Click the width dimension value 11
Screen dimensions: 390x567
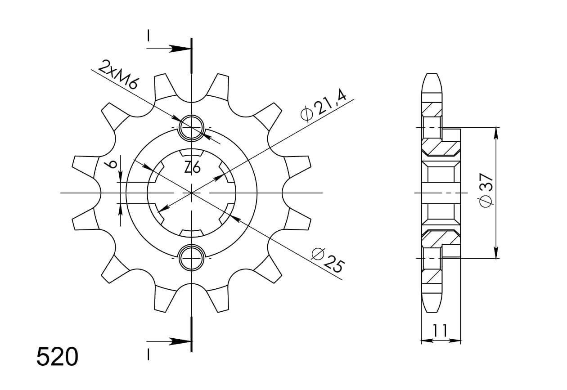click(x=440, y=331)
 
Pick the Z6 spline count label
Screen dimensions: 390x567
click(x=192, y=168)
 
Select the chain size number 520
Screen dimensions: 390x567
click(x=57, y=358)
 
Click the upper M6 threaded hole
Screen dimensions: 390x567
click(x=192, y=127)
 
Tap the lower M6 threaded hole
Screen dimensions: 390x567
click(x=192, y=258)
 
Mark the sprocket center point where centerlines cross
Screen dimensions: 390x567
click(x=192, y=193)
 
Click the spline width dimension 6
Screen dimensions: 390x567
click(x=113, y=163)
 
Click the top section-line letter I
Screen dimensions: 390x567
click(x=148, y=36)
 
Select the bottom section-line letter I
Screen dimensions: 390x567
click(x=148, y=355)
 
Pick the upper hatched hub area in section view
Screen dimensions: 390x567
click(x=440, y=147)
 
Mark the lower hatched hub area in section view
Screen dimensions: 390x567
click(x=440, y=238)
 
